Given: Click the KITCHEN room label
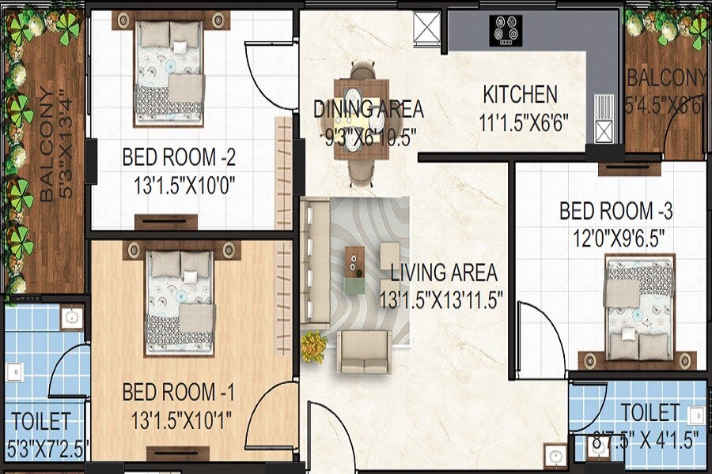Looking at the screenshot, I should coord(520,95).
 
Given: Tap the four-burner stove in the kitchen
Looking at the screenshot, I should coord(506,31).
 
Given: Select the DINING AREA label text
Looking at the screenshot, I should coord(368,108).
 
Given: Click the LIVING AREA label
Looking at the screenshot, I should coord(444,273).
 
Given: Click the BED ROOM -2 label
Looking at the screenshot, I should coord(179,157).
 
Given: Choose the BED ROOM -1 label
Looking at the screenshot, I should coord(178,392).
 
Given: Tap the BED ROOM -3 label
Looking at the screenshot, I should coord(615,212).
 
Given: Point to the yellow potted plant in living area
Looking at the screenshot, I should coord(313,345).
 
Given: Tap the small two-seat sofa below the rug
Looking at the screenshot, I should coord(364,352).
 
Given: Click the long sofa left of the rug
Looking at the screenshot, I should coord(315,261).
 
